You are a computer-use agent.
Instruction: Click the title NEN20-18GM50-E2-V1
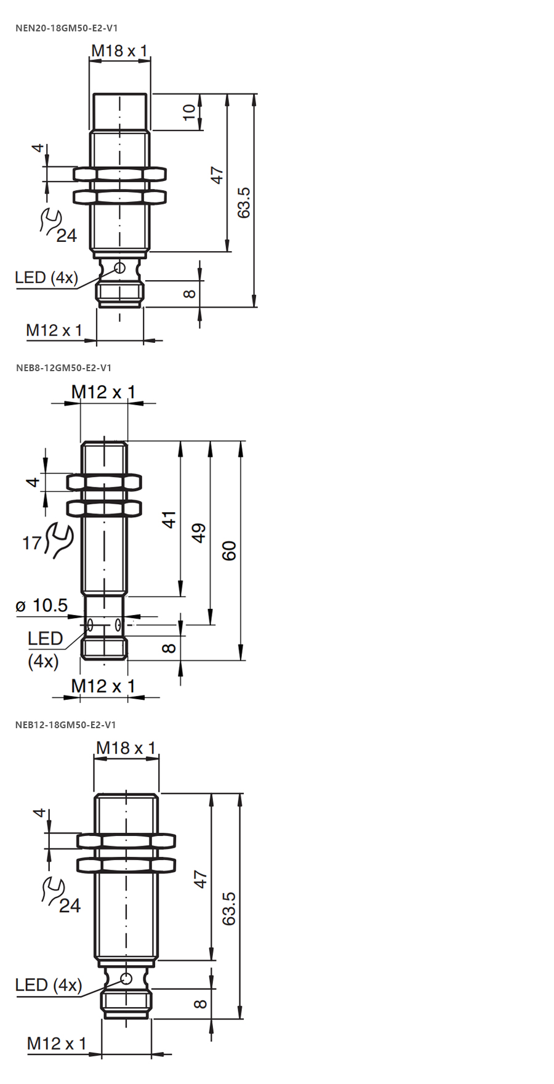66,28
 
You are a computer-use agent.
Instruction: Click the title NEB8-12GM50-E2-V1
64,367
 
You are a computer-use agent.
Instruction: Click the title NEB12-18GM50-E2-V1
66,725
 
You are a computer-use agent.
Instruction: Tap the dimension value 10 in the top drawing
189,112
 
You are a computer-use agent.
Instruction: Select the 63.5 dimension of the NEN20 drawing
244,202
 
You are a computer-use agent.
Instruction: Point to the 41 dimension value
169,519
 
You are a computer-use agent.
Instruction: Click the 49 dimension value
199,533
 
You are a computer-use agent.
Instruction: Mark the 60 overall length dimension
228,550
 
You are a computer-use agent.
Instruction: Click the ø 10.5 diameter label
42,606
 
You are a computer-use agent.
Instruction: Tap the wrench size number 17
32,543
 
